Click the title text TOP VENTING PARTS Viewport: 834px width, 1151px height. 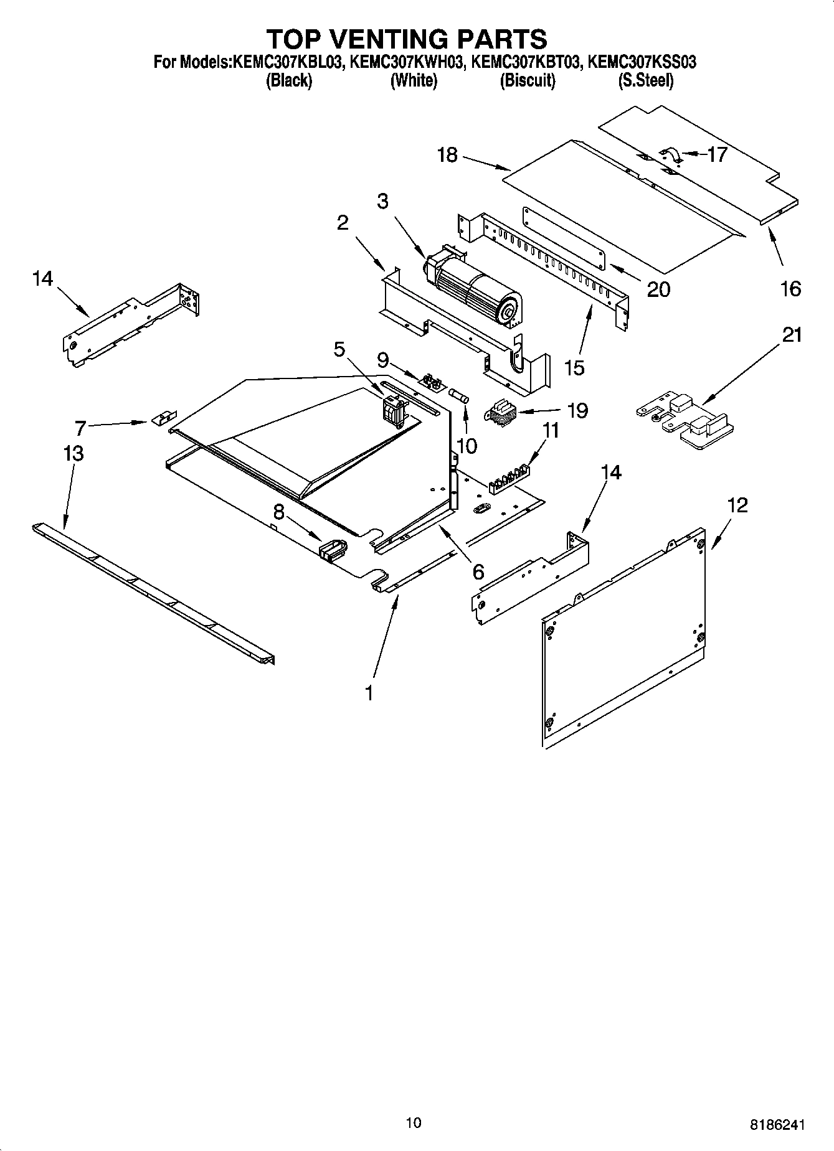[x=407, y=39]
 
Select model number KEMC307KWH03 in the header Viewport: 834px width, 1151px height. [x=407, y=62]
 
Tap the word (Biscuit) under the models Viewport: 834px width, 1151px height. [x=528, y=80]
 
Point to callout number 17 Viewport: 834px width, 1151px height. [x=717, y=154]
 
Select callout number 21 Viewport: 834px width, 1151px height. [x=792, y=335]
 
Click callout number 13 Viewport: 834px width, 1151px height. [x=73, y=453]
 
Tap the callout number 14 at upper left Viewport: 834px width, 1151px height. [x=42, y=279]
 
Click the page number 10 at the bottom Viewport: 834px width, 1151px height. [x=413, y=1122]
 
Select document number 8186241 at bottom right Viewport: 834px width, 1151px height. [x=777, y=1125]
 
